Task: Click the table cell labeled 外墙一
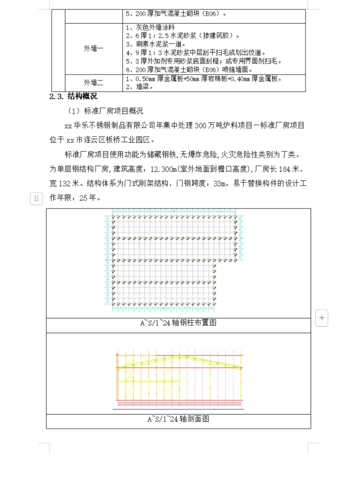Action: tap(93, 49)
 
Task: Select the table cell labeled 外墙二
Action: tap(93, 83)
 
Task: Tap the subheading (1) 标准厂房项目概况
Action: tap(105, 111)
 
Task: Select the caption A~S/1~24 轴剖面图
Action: tap(178, 419)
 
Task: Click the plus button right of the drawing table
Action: tap(322, 317)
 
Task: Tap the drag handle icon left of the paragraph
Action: tap(36, 198)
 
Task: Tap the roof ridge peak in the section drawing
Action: tap(180, 356)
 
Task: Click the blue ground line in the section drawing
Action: tap(178, 409)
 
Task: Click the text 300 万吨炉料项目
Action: tap(218, 126)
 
